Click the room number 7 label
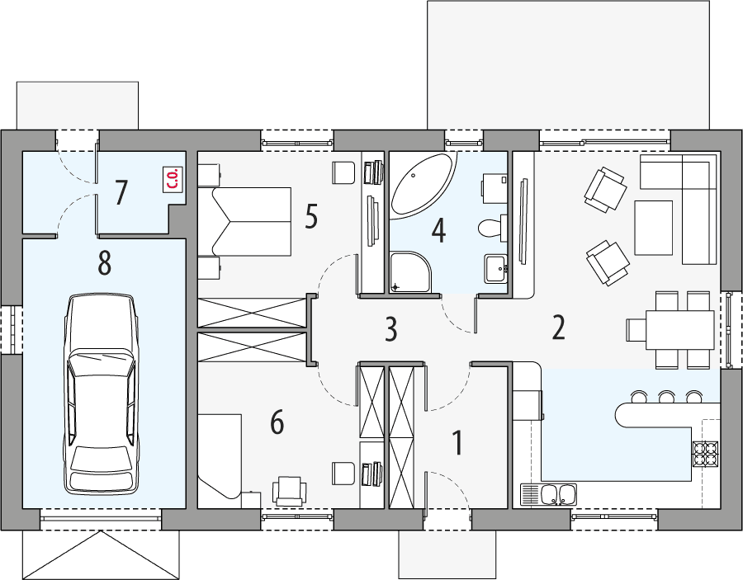[x=121, y=192]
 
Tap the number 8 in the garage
[x=104, y=263]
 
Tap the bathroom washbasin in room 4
[x=495, y=268]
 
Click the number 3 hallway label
[x=390, y=329]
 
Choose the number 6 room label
[x=277, y=422]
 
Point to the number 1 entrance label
[x=457, y=442]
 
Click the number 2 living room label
[x=559, y=328]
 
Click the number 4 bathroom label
[x=438, y=231]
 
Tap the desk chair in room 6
[x=289, y=490]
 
